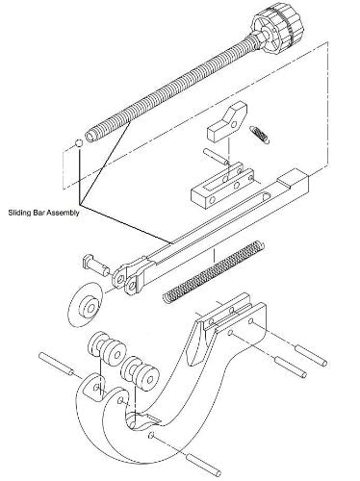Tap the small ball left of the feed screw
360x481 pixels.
(79, 143)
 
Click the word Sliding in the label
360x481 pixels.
(17, 213)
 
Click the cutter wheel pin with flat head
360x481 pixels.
(95, 266)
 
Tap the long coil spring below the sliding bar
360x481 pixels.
(214, 272)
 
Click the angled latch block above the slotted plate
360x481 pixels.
(227, 121)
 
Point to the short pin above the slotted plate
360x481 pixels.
(216, 156)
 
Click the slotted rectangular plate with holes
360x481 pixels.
(222, 185)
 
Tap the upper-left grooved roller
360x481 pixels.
(107, 349)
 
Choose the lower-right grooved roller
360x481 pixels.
(141, 373)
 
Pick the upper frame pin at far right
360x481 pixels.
(311, 355)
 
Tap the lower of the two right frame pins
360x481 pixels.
(290, 367)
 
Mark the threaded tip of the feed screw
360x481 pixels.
(91, 135)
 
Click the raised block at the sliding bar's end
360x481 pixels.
(293, 179)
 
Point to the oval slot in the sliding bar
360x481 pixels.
(267, 196)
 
